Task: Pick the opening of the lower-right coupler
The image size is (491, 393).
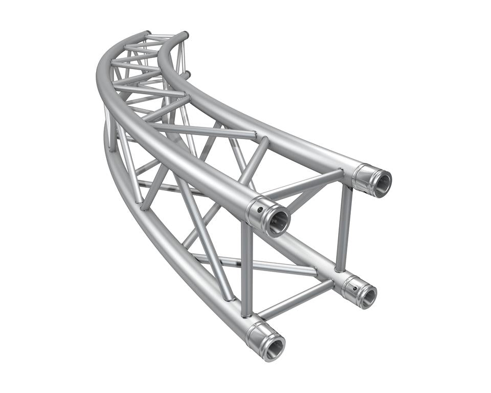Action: coord(367,296)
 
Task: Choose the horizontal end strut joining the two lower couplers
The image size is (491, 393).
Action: coord(294,299)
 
